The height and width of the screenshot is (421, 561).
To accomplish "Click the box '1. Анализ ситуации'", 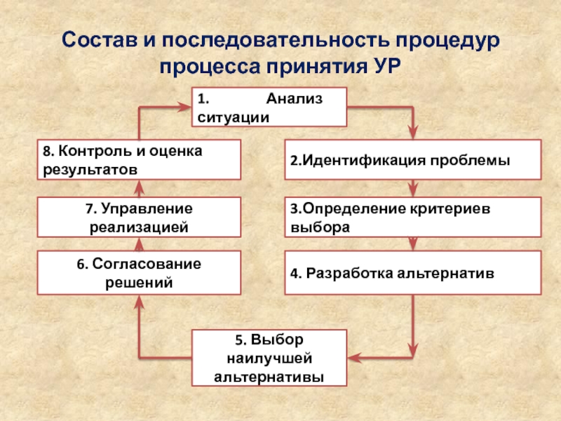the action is pos(269,107).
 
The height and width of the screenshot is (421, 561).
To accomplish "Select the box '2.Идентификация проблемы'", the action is pos(412,160).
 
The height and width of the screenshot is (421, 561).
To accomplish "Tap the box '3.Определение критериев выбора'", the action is pos(412,217).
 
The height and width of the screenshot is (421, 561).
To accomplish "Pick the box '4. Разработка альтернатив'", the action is pos(412,272).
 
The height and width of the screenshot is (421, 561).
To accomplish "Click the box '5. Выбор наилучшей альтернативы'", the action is pos(269,359).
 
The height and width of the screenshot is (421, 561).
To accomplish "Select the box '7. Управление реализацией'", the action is pos(139,217).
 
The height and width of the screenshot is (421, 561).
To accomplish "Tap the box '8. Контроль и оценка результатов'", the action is pos(139,160).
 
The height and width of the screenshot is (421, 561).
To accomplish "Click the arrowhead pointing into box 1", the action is pos(185,107).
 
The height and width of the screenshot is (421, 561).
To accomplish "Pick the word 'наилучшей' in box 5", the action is pos(269,359).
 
